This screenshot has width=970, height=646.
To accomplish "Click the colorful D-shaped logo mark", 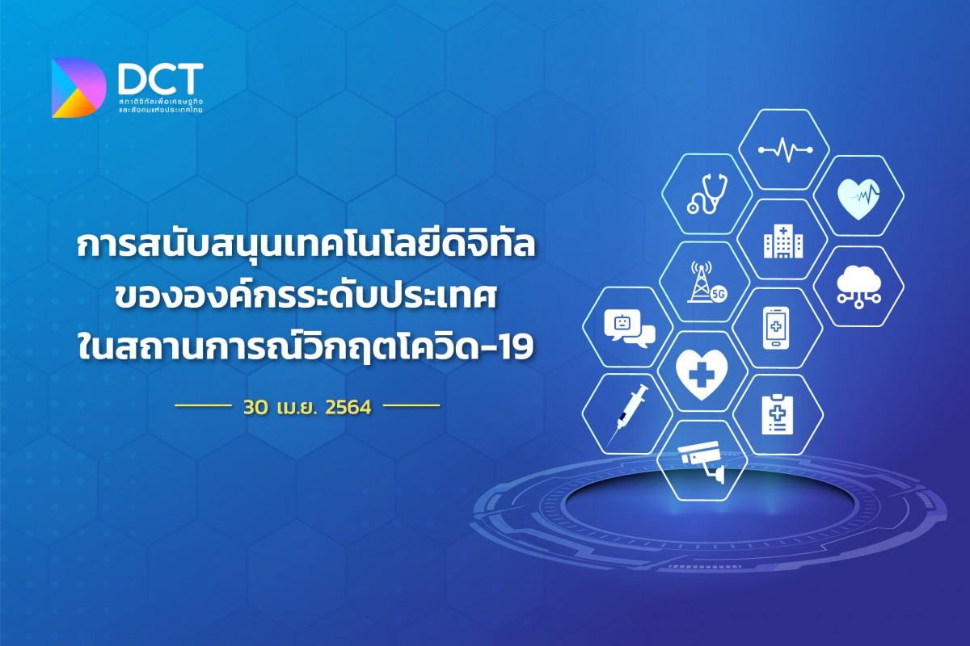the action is click(x=78, y=88).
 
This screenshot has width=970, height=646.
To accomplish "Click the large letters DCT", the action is click(x=160, y=79).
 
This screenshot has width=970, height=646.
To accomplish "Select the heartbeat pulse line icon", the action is click(x=786, y=149).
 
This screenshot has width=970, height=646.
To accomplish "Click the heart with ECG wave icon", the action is click(x=858, y=199).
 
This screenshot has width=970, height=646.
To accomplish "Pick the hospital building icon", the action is click(x=783, y=242).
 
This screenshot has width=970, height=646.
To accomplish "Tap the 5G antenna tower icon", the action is click(x=706, y=282).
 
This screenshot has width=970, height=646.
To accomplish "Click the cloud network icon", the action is click(x=858, y=286).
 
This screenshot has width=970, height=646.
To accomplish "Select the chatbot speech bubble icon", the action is click(x=630, y=328).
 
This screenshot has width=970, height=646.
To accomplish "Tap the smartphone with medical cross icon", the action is click(x=776, y=327).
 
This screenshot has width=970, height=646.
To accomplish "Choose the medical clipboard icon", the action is click(x=778, y=414).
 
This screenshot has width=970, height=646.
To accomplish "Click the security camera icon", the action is click(x=702, y=462).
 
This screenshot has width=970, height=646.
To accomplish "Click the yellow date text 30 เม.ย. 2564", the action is click(x=307, y=407).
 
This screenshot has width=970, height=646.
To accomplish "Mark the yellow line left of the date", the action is click(x=202, y=406).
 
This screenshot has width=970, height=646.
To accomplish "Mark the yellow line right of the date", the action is click(x=411, y=406).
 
